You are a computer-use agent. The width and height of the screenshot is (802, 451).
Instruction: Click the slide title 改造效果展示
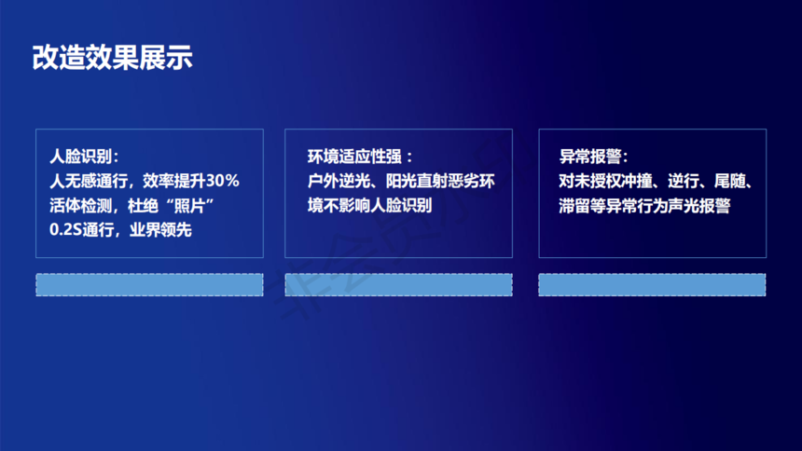(x=112, y=57)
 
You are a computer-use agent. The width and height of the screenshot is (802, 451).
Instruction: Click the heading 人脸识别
(x=80, y=156)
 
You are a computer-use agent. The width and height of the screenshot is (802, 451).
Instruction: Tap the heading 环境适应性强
(x=354, y=157)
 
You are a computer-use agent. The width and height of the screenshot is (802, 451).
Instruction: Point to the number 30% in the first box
(x=223, y=181)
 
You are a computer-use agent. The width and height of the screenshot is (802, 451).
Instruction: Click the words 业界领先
(x=160, y=229)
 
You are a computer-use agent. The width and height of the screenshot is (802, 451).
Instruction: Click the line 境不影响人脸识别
(x=370, y=206)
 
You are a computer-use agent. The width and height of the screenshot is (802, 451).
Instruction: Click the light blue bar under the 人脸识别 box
(x=149, y=285)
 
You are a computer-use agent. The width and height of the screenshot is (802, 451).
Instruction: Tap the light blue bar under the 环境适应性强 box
(x=398, y=285)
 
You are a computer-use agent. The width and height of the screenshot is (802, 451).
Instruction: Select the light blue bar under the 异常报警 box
(x=652, y=285)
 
